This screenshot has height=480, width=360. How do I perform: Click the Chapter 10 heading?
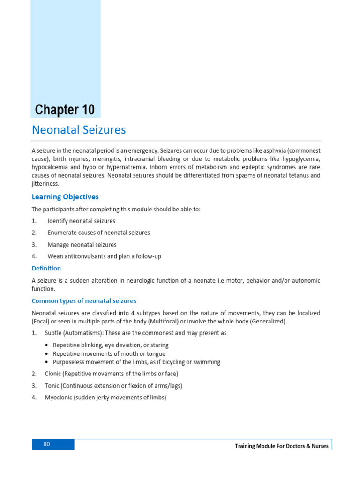[65, 110]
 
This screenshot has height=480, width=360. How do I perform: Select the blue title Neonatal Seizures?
[79, 130]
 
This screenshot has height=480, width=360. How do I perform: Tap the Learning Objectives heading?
[65, 197]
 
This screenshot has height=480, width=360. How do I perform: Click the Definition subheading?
[46, 269]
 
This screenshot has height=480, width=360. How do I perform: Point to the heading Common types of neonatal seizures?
[84, 300]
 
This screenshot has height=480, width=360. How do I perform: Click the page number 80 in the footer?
[46, 444]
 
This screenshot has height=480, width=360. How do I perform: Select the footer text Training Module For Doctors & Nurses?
[282, 446]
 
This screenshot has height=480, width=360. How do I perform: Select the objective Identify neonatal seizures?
[81, 221]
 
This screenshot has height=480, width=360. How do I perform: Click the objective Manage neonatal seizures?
[82, 245]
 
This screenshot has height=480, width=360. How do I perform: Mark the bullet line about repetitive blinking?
[111, 345]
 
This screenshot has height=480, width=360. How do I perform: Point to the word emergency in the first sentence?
[142, 150]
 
